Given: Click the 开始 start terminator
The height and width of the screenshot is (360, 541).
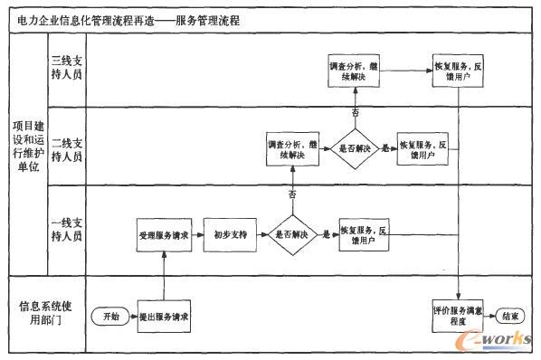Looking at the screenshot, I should point(110,317).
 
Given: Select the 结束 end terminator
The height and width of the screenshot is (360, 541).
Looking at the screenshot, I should point(508,317).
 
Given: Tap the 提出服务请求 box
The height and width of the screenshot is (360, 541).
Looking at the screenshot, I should point(164,317).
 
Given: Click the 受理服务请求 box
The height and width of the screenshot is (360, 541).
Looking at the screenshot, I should point(164,233).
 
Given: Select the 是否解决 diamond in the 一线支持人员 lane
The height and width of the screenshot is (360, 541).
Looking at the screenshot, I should point(291,233).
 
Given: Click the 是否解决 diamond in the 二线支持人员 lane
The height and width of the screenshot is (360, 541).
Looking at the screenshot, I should point(354,149).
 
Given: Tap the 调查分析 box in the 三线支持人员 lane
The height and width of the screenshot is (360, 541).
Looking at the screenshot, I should point(354,71).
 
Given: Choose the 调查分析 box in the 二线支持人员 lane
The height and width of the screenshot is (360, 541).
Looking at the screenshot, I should point(291,149).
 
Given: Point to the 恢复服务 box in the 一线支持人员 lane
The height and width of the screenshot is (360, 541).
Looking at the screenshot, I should point(364,233).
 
